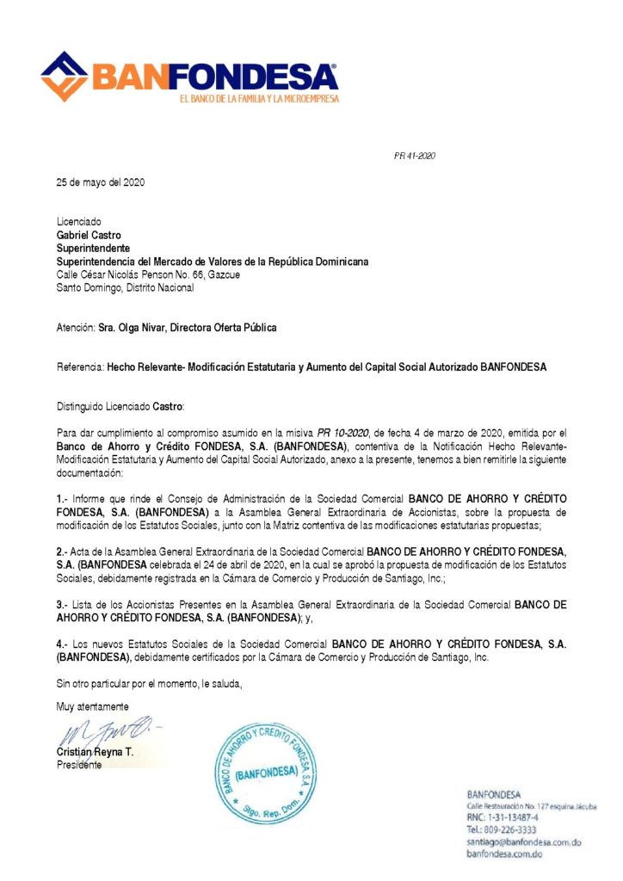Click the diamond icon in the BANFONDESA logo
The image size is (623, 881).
click(64, 76)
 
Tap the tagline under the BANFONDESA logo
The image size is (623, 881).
click(258, 99)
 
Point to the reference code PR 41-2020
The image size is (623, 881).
click(415, 156)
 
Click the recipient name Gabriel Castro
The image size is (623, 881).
click(89, 235)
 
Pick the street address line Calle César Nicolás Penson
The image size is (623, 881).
click(148, 275)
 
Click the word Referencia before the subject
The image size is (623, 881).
click(80, 367)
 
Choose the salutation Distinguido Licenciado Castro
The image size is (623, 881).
click(120, 406)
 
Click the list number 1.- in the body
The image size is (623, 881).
click(62, 499)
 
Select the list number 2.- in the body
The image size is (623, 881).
click(62, 551)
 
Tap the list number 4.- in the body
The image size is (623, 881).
click(62, 644)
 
